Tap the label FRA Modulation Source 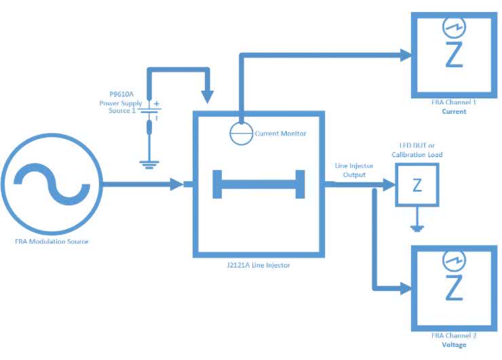52,241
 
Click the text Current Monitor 280,134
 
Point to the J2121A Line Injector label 261,265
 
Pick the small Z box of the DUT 417,185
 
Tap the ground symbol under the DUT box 417,227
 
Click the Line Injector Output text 351,170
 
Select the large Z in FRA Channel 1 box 453,55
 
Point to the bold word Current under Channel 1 454,111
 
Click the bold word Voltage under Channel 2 454,345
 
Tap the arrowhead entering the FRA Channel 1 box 406,54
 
